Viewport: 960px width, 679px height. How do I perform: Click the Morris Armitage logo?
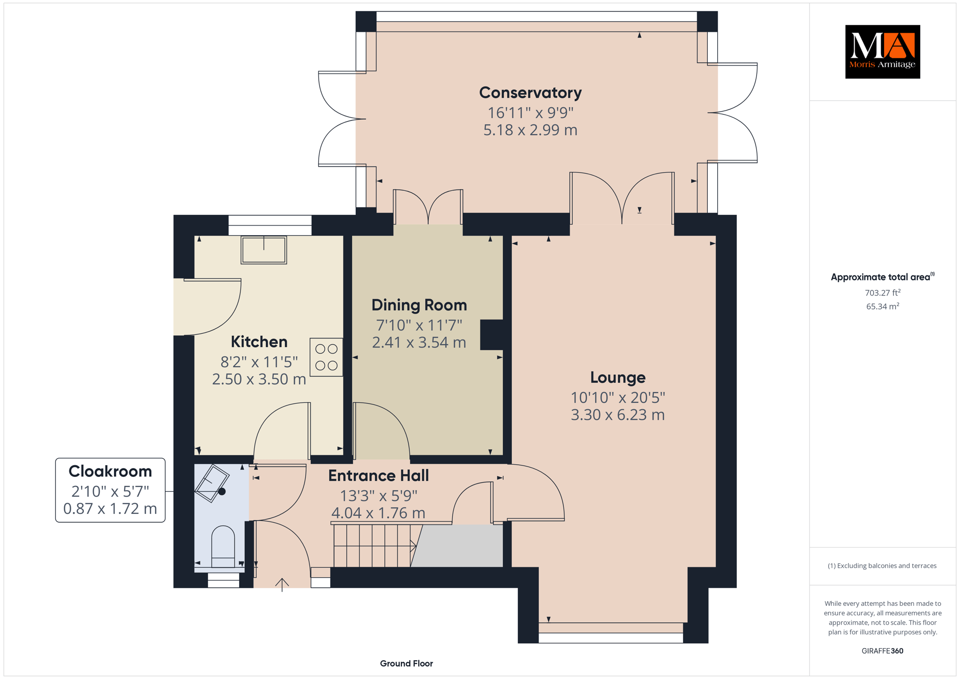click(882, 52)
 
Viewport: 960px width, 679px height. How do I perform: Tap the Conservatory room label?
click(530, 92)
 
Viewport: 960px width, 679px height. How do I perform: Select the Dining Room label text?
click(419, 305)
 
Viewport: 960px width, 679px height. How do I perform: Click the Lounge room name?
click(618, 377)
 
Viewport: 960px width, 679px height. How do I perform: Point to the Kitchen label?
click(259, 341)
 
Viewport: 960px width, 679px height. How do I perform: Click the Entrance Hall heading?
click(378, 475)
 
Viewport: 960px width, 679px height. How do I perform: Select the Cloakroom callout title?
click(110, 471)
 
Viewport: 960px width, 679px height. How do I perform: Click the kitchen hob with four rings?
click(326, 357)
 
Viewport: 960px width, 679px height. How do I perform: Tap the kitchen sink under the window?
click(264, 250)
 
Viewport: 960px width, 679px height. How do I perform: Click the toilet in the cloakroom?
click(223, 546)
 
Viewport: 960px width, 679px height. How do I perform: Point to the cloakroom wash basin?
click(212, 483)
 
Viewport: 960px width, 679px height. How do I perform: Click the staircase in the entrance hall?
click(375, 545)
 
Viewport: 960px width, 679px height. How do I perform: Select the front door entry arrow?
click(282, 585)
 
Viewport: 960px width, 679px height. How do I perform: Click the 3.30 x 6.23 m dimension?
click(618, 415)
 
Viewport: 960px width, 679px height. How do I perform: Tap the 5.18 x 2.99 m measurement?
click(530, 130)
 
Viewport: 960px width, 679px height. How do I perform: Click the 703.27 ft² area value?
click(883, 293)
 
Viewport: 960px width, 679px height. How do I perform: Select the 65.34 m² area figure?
click(883, 306)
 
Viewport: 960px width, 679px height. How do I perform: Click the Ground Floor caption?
click(406, 664)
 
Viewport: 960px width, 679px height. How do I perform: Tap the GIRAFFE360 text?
click(882, 651)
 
